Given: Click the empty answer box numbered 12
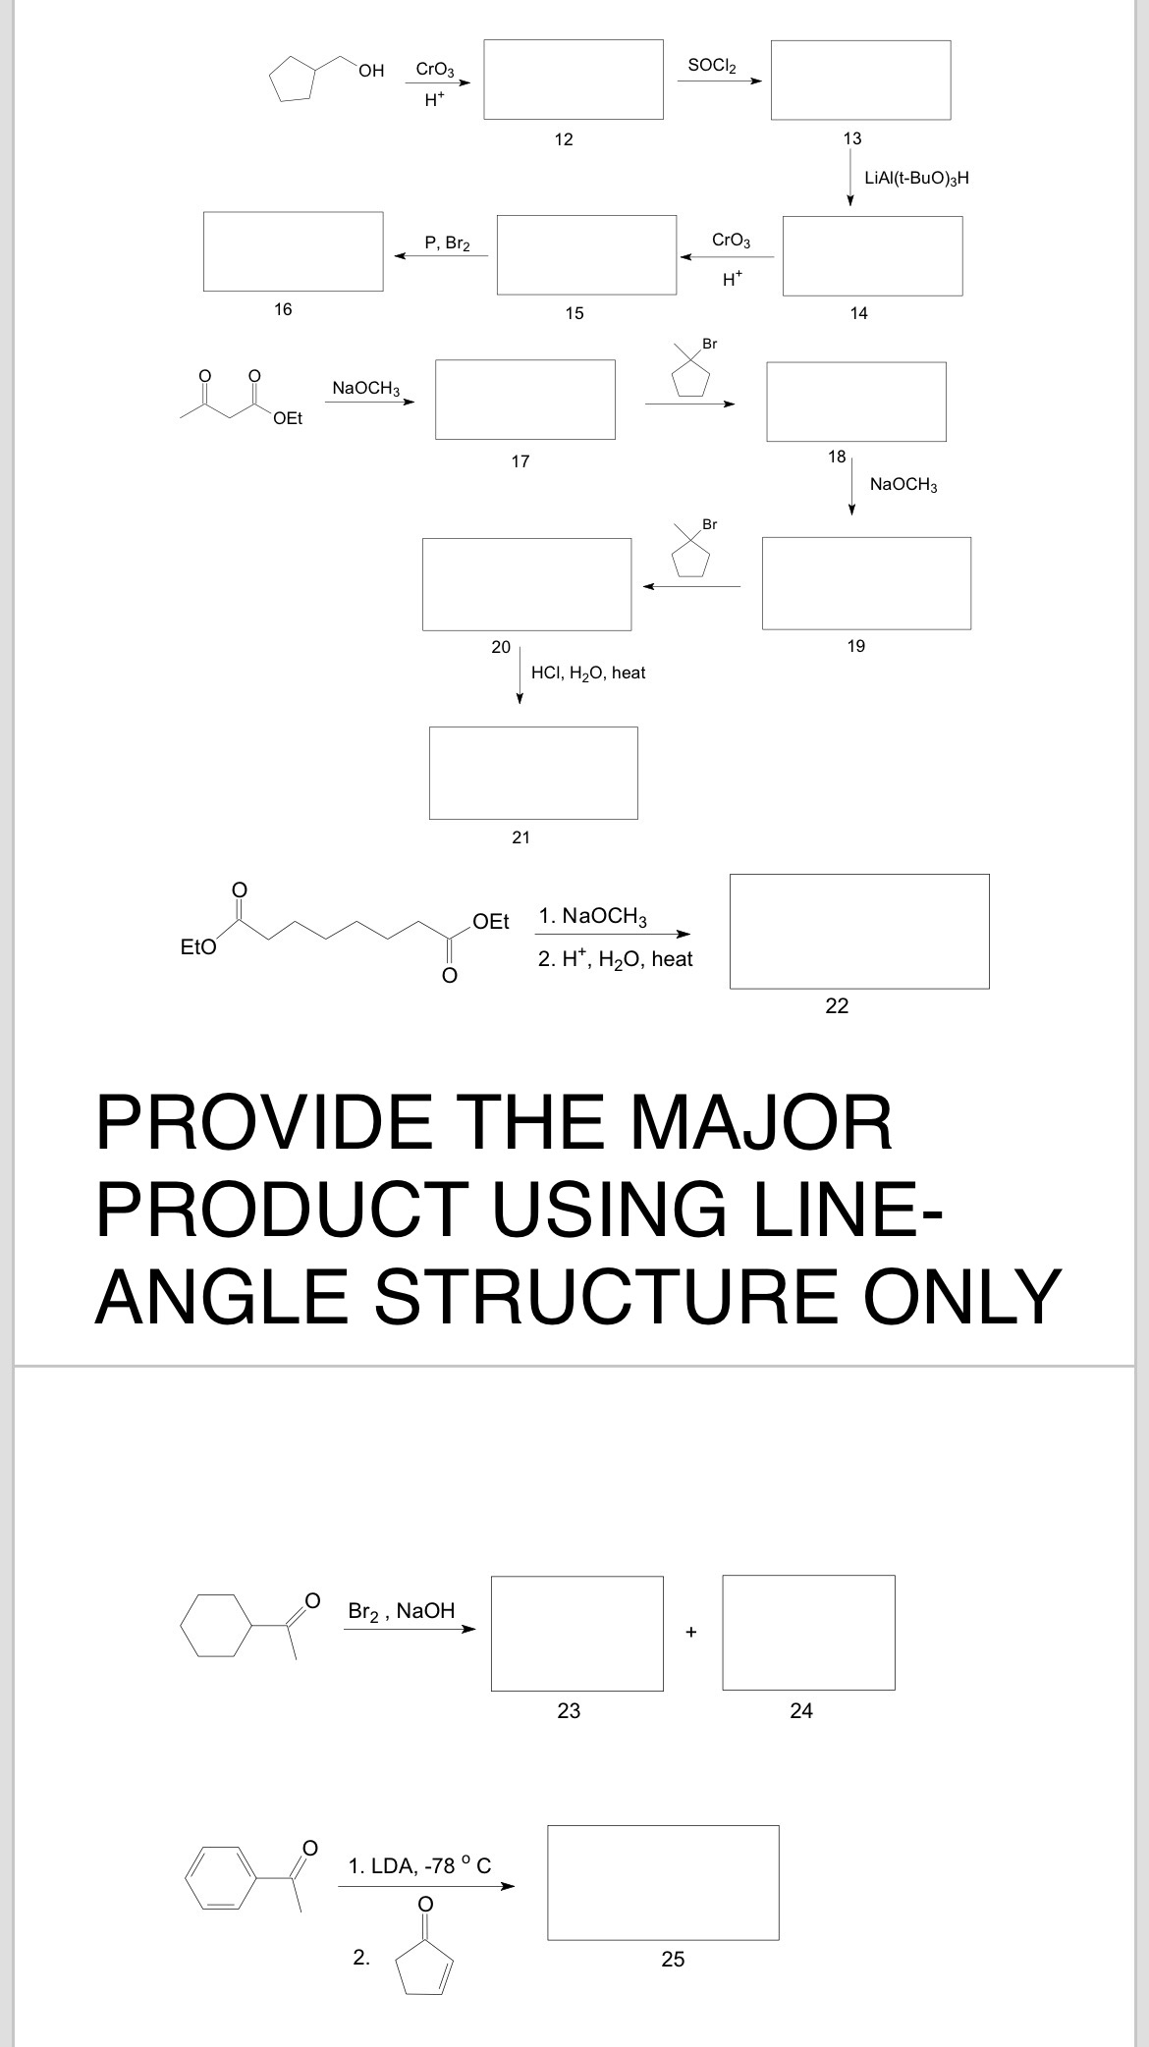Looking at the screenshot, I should click(573, 80).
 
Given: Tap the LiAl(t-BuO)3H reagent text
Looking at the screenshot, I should click(916, 178).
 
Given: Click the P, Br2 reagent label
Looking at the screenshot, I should click(447, 242).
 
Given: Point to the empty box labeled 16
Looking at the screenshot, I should click(293, 251).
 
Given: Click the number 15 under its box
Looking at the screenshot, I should click(574, 313).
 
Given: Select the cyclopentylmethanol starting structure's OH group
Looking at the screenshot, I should click(371, 70).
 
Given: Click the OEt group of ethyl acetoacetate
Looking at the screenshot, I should click(288, 418).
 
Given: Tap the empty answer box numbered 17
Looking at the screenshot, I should click(525, 399).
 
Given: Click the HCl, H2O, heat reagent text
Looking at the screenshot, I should click(587, 673).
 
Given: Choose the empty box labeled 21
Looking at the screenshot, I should click(533, 773).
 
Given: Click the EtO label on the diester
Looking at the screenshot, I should click(198, 947).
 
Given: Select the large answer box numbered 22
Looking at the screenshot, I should click(859, 931).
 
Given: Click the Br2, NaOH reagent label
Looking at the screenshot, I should click(402, 1611).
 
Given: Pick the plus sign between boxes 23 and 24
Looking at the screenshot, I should click(691, 1633).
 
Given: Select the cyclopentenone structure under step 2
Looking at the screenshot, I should click(424, 1964).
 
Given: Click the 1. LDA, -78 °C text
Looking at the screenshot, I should click(419, 1865).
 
